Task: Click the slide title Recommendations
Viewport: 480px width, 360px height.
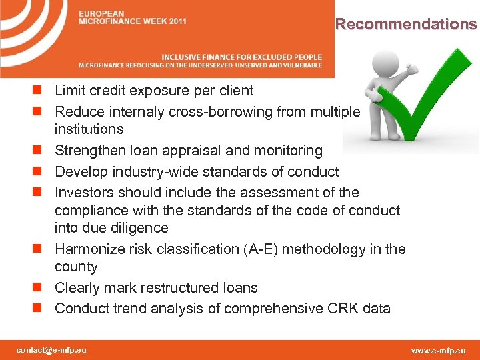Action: click(406, 25)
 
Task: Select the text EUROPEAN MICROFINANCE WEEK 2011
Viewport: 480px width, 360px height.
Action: click(133, 17)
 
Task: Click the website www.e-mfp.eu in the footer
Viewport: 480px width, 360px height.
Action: click(439, 350)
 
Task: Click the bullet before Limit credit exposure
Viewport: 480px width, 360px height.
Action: click(43, 91)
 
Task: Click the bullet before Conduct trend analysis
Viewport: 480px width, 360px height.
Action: click(43, 309)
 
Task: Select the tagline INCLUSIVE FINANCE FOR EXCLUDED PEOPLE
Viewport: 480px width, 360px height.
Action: click(241, 57)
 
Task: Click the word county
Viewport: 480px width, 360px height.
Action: click(76, 267)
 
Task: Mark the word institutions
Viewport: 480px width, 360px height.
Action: click(89, 129)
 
